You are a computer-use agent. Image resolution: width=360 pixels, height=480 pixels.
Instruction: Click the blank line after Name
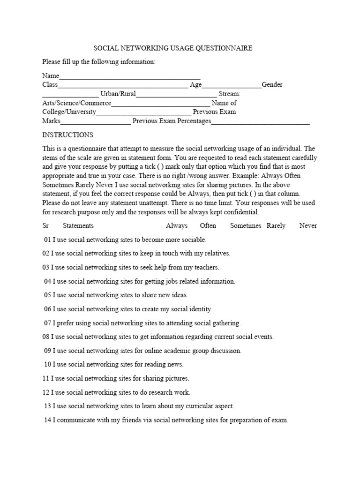click(130, 76)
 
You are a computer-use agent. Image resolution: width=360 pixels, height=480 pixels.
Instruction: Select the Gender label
click(272, 85)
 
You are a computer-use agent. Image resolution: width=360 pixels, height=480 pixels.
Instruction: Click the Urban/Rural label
click(118, 94)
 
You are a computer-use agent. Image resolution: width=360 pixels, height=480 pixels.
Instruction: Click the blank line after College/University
click(143, 112)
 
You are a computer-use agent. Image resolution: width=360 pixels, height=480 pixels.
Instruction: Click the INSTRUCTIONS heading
click(68, 135)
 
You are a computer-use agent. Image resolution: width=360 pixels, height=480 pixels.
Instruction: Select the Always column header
click(177, 225)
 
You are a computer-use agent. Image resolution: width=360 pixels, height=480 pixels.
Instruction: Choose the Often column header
click(208, 225)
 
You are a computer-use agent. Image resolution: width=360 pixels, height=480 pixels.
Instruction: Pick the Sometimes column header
click(246, 225)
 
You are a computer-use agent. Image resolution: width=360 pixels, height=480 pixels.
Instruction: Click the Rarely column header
click(276, 225)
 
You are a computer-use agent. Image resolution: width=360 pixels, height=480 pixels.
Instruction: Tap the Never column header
click(308, 225)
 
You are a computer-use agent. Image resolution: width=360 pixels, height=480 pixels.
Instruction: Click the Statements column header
click(78, 225)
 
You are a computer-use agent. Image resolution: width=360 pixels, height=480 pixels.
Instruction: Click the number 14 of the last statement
click(47, 420)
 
